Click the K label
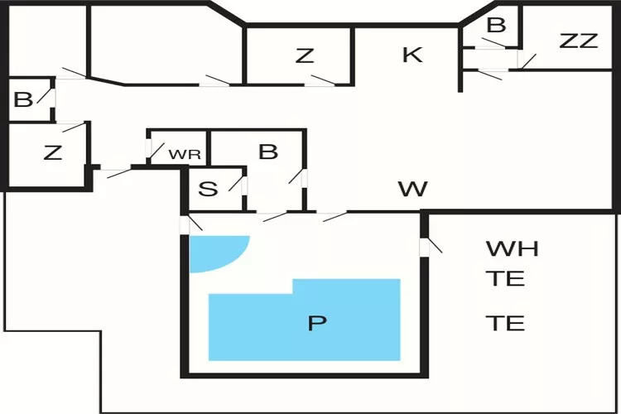[x=412, y=55]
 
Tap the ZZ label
[x=578, y=41]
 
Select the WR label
[x=185, y=154]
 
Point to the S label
[x=209, y=190]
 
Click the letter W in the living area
[x=413, y=190]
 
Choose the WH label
[x=512, y=248]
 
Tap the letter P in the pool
[x=315, y=323]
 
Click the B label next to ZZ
[x=495, y=26]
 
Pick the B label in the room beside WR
[x=267, y=152]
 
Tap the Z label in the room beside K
[x=305, y=55]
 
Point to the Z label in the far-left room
[x=52, y=152]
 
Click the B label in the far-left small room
[x=23, y=99]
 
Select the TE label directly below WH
[x=505, y=278]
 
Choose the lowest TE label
[x=505, y=323]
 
